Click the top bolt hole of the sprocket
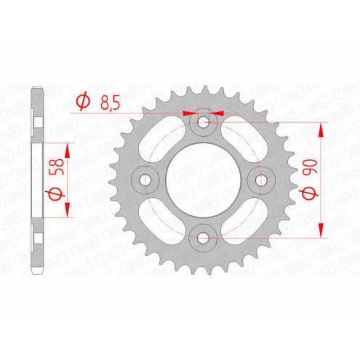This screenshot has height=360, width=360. coord(204,123)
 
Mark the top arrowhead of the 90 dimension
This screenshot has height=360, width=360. coord(321,127)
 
